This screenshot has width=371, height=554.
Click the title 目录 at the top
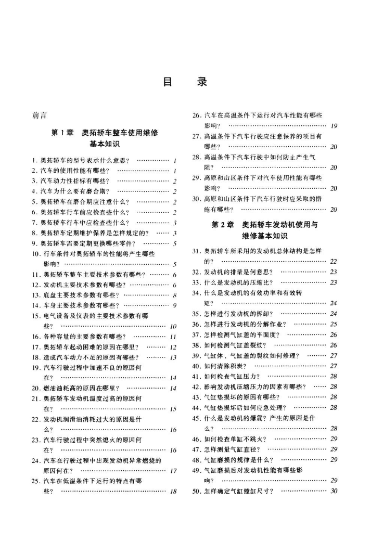coord(185,82)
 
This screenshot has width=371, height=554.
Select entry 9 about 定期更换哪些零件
coord(86,243)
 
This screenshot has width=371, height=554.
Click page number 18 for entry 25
coord(174,492)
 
